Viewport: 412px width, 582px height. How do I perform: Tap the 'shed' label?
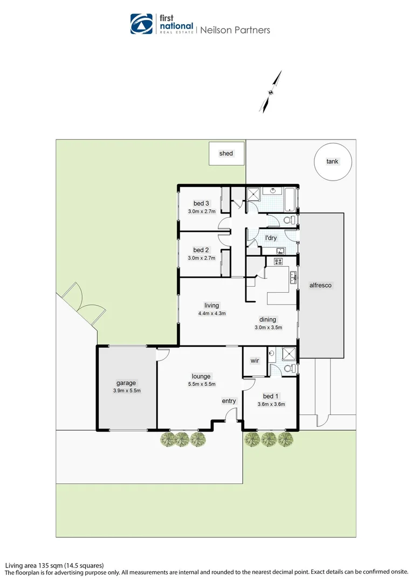[226, 154]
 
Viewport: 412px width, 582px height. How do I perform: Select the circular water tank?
[333, 161]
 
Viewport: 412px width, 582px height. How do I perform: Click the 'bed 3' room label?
[201, 203]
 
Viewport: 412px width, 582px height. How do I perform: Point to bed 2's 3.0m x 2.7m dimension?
[201, 258]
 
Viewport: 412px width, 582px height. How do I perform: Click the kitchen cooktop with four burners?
[279, 262]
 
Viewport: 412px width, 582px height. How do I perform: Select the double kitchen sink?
[293, 278]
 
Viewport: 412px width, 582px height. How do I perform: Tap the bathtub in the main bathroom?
[289, 198]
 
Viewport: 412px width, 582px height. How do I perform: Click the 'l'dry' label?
[270, 238]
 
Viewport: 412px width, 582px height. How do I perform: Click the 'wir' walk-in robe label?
[255, 361]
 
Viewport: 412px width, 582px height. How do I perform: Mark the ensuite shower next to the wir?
[289, 355]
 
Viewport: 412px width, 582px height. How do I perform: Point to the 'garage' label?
[126, 383]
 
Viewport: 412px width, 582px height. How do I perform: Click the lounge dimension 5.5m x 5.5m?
[201, 384]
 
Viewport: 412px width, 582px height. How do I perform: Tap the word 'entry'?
[229, 401]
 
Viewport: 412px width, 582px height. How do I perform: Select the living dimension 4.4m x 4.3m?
[211, 313]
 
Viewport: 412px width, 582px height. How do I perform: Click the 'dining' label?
[268, 319]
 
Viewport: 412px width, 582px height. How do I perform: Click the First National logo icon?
[142, 24]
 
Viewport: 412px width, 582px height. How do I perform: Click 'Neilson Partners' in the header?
[235, 30]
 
